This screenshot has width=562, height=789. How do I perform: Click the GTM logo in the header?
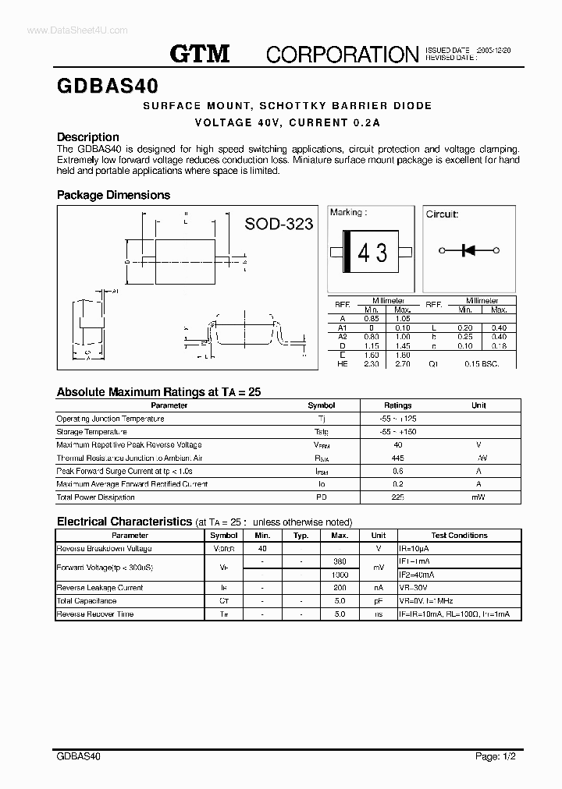(200, 53)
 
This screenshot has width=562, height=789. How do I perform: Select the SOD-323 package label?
(279, 224)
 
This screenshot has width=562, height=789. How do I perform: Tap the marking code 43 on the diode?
(372, 253)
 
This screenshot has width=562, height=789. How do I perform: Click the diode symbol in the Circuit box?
(469, 250)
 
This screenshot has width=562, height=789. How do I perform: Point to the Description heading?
(88, 136)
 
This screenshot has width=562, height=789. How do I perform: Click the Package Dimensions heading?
(113, 195)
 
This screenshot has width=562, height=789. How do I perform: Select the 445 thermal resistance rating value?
(398, 458)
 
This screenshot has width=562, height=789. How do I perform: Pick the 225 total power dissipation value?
(398, 497)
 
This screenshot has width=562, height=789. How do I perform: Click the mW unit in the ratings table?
(478, 497)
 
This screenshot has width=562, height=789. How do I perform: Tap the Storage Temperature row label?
(92, 432)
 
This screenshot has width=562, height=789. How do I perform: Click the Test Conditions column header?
(459, 536)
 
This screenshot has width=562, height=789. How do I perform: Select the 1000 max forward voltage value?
(340, 575)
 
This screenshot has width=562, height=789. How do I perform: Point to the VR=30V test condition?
(414, 588)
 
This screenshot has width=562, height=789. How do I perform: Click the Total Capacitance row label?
(87, 601)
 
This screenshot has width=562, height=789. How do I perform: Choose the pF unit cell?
(378, 601)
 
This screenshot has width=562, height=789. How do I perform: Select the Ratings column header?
(398, 405)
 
